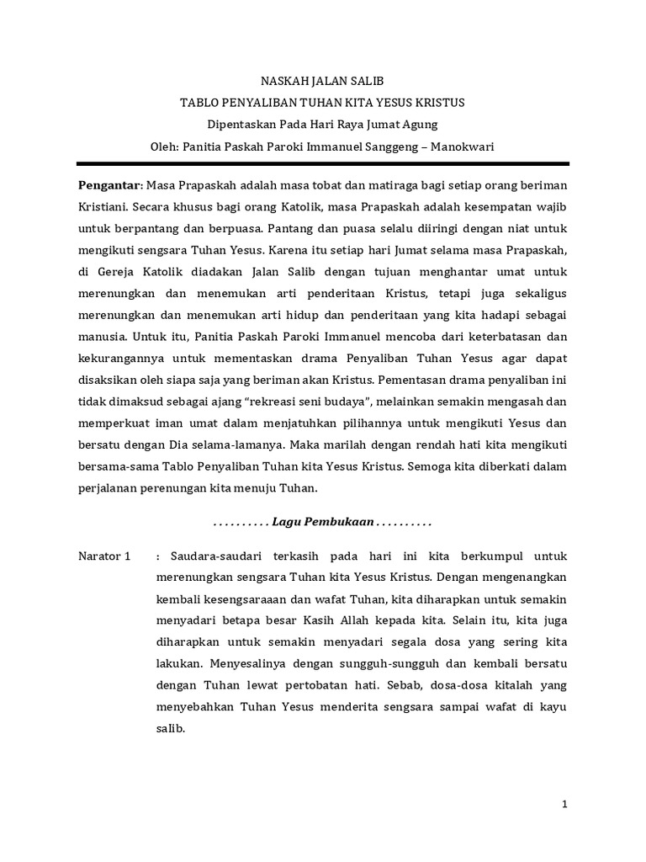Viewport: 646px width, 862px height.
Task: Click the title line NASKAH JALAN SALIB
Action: [323, 81]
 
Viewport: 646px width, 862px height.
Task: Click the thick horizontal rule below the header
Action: [323, 162]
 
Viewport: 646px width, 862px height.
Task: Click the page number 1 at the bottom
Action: [565, 804]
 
